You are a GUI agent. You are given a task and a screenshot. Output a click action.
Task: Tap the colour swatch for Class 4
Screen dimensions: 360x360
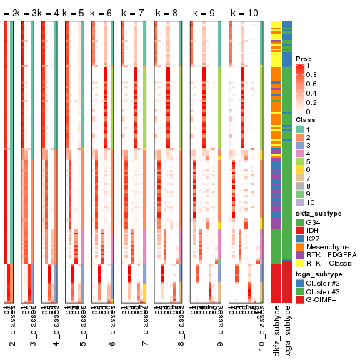pos(301,153)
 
